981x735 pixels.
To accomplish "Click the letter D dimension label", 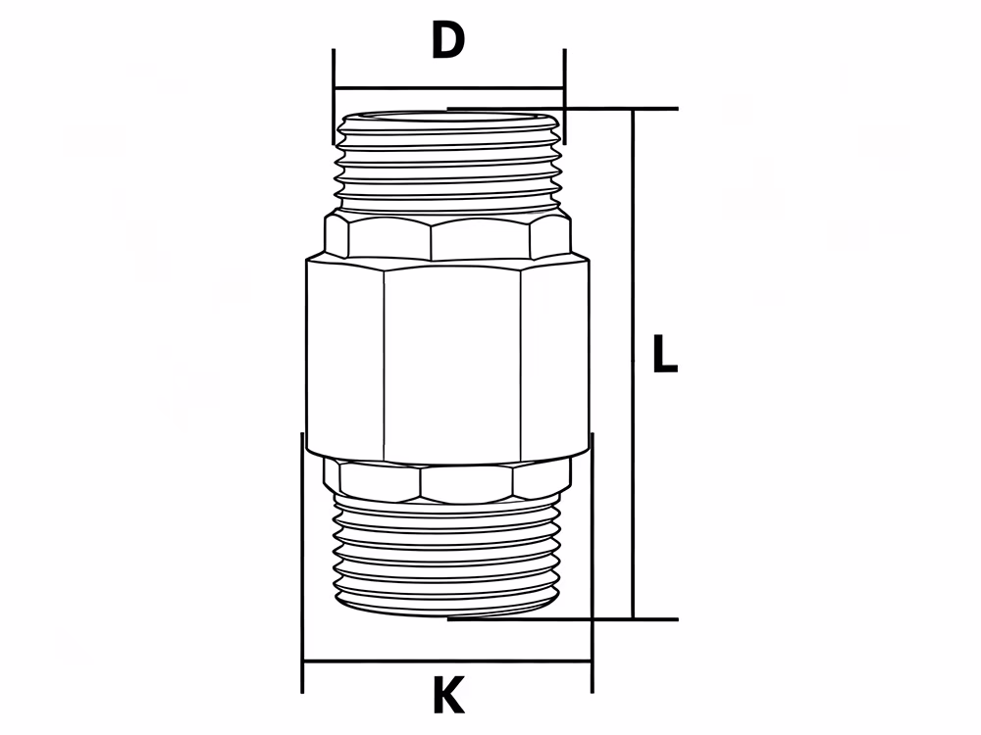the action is [448, 40].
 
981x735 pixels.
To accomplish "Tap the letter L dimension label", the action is [664, 354].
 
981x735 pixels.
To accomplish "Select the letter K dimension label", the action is [448, 695].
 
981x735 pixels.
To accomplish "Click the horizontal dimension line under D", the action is [449, 88].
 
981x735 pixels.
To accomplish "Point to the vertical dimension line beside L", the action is [633, 364].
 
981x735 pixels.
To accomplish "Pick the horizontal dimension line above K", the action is [447, 661].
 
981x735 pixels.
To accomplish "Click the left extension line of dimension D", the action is [335, 96].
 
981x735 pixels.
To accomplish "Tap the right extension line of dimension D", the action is [564, 96].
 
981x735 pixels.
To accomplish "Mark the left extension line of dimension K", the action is [302, 563].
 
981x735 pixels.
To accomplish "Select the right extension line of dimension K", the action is [592, 563].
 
